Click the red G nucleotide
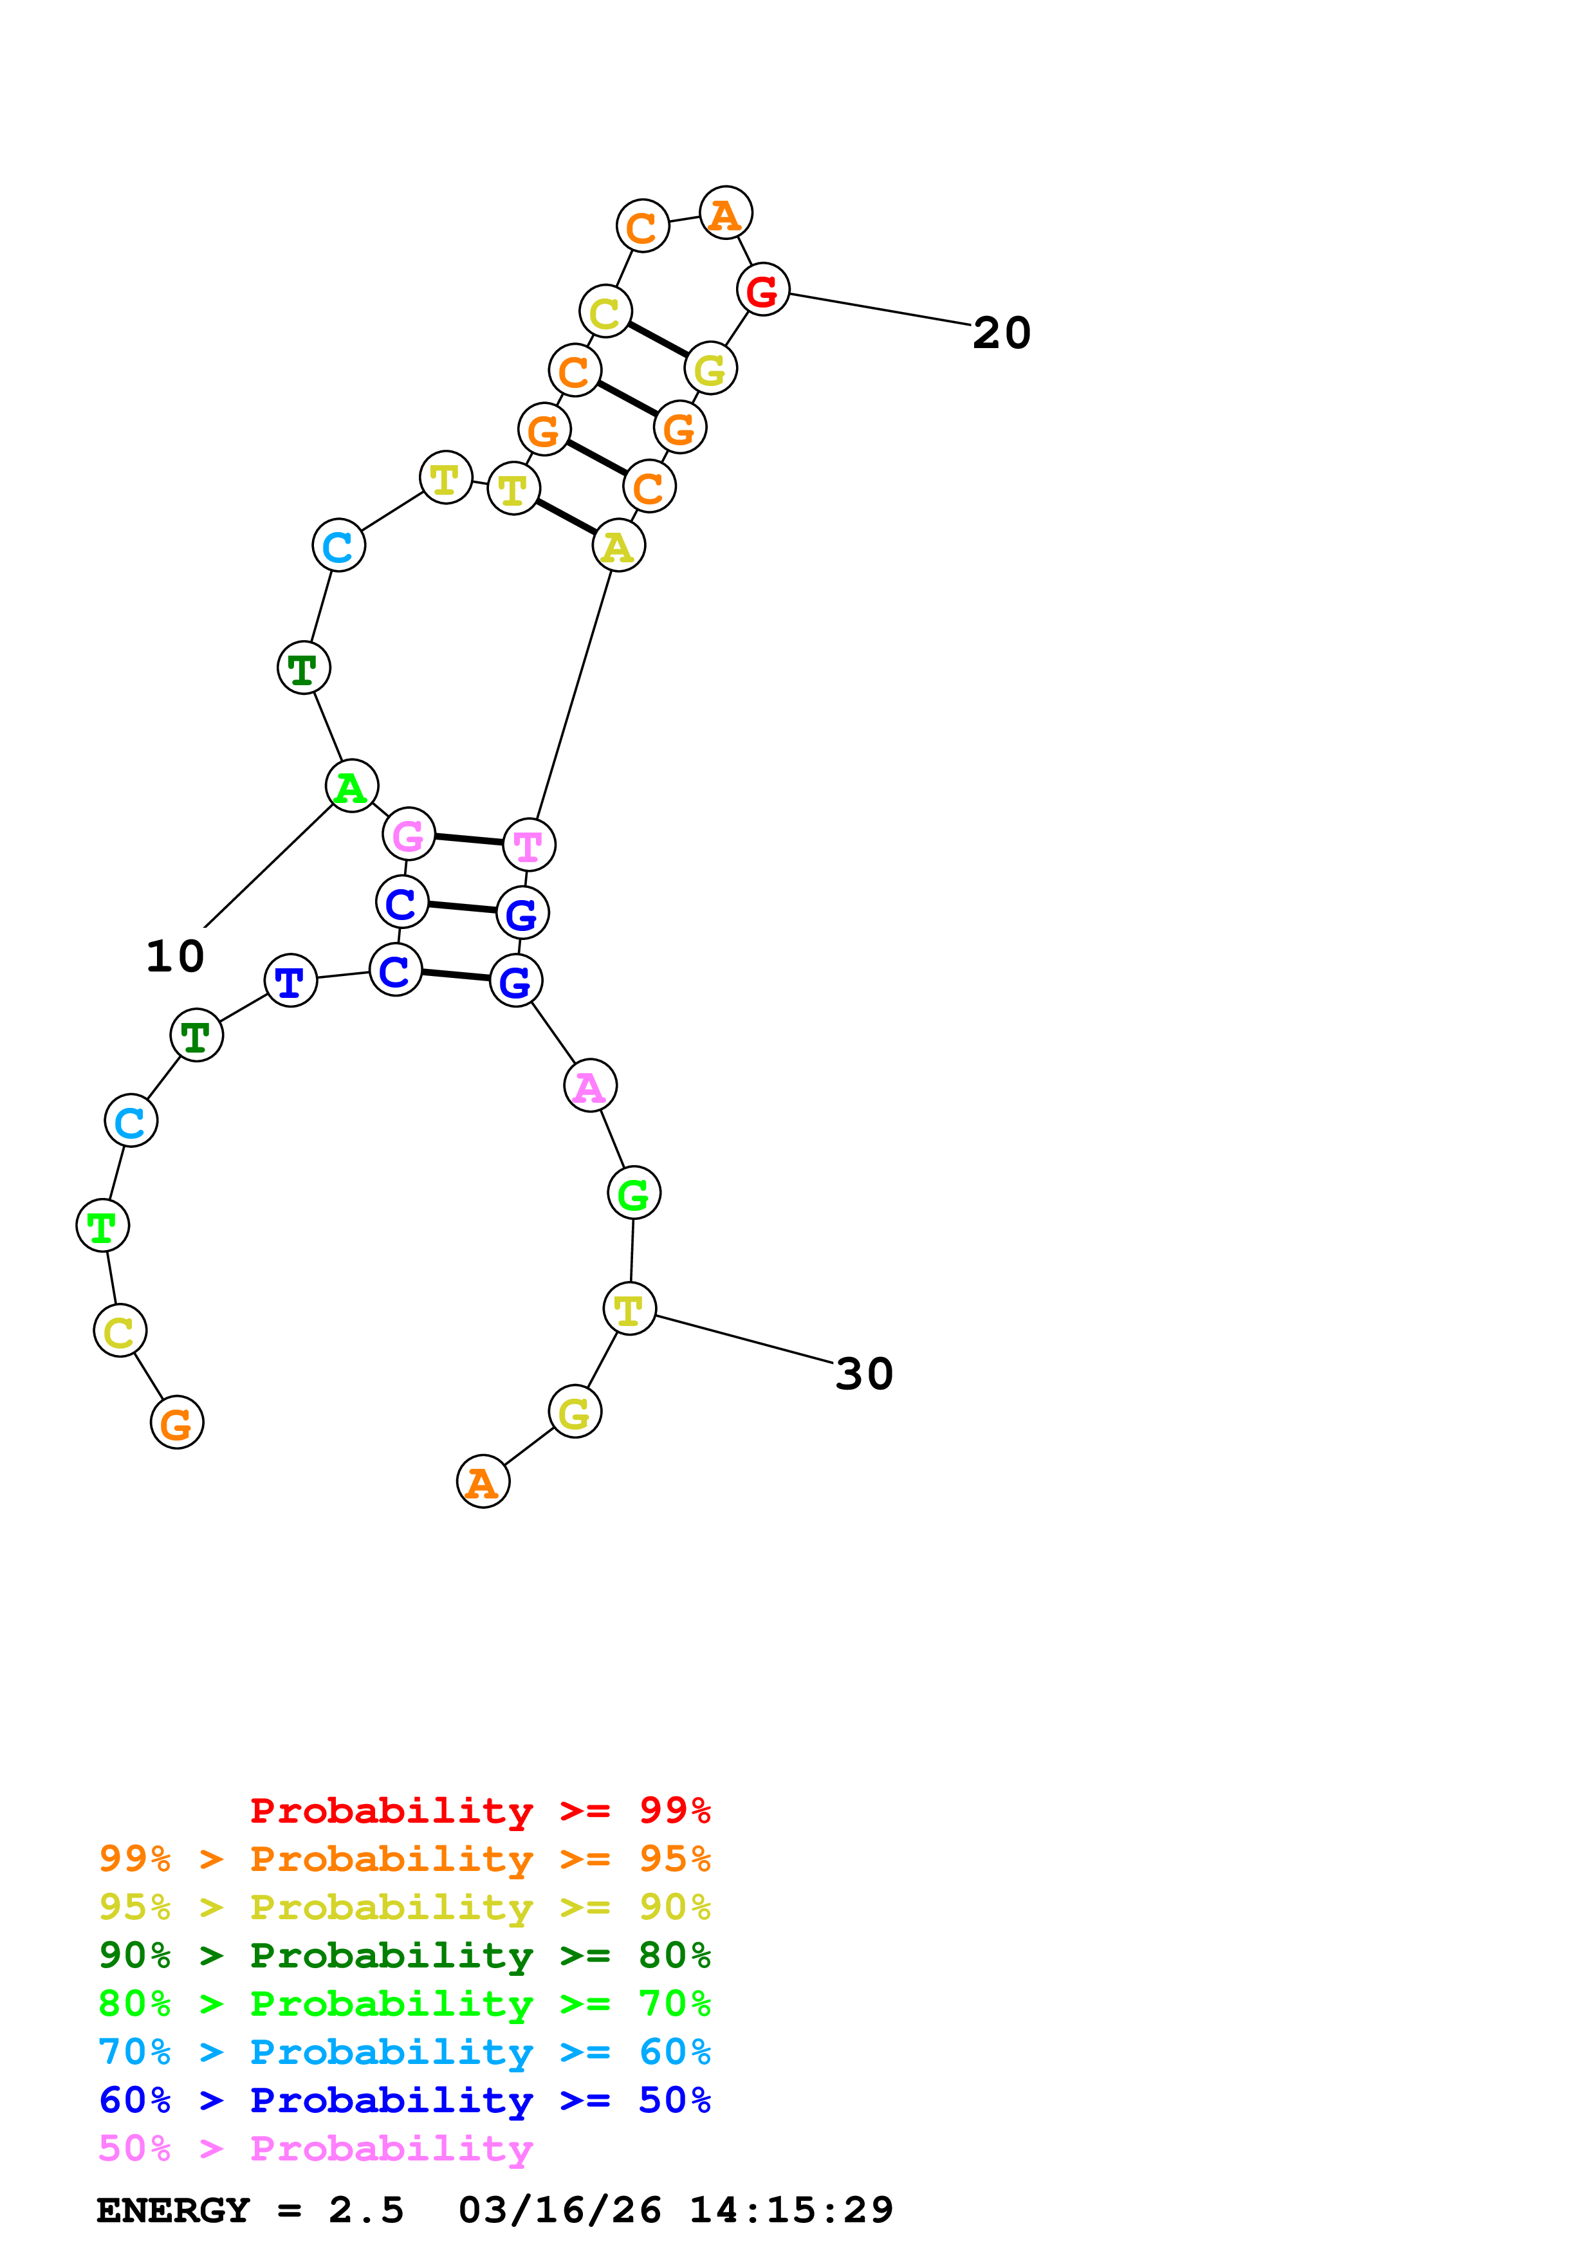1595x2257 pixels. pos(762,290)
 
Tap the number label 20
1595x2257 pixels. pos(1000,333)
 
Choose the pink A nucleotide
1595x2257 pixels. pos(589,1086)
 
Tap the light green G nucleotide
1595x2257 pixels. pos(633,1193)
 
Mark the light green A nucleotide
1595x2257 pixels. pos(351,786)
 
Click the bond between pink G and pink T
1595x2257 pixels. pos(469,840)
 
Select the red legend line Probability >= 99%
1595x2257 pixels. pos(479,1810)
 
